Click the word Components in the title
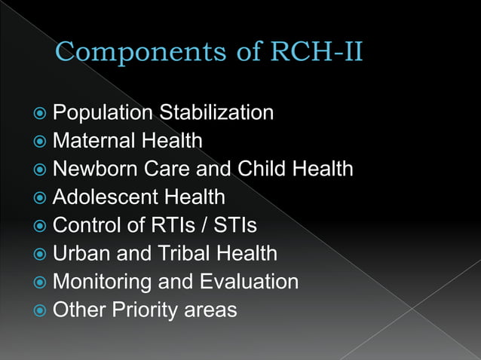pos(129,53)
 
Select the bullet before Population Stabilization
pos(41,114)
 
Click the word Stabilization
pos(216,113)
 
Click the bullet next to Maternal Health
pos(41,142)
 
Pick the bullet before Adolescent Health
pos(41,198)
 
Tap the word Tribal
pos(182,254)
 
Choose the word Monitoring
pos(100,282)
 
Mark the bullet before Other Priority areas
pos(41,310)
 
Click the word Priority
pos(142,310)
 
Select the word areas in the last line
pos(212,310)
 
